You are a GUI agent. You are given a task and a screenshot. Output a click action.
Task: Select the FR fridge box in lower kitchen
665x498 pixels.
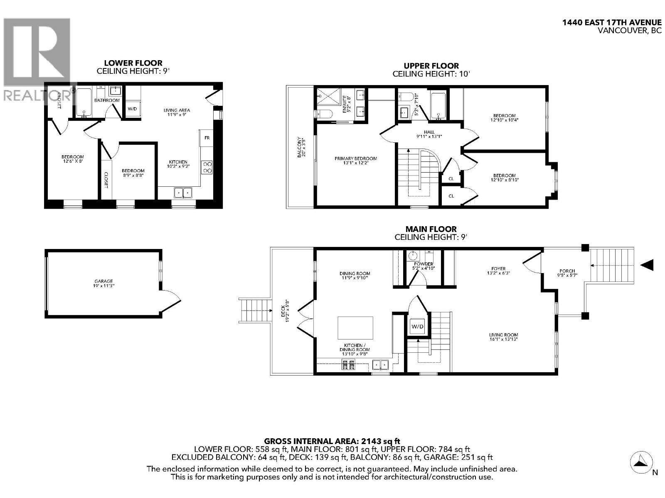pyautogui.click(x=207, y=137)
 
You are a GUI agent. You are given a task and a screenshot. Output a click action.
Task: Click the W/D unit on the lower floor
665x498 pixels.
pyautogui.click(x=132, y=109)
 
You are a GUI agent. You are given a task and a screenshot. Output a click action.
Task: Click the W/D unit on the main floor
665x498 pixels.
pyautogui.click(x=417, y=327)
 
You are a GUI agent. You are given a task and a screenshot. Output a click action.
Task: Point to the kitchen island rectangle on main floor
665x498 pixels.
pyautogui.click(x=355, y=328)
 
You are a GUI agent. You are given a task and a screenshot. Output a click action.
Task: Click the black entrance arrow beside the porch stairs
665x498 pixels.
pyautogui.click(x=647, y=265)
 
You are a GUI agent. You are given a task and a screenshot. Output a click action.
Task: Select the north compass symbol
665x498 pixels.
pyautogui.click(x=640, y=462)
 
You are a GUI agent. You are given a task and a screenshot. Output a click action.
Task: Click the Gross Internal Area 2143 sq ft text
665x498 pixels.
pyautogui.click(x=332, y=441)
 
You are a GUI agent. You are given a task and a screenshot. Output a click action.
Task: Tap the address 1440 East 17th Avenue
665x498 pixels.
pyautogui.click(x=611, y=23)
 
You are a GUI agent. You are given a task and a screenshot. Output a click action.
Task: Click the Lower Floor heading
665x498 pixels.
pyautogui.click(x=133, y=63)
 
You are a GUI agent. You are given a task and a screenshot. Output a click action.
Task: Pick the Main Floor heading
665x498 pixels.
pyautogui.click(x=431, y=229)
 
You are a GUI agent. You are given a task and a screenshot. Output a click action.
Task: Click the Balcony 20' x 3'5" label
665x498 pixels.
pyautogui.click(x=300, y=147)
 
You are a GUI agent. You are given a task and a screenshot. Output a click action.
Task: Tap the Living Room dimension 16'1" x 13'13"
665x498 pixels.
pyautogui.click(x=503, y=339)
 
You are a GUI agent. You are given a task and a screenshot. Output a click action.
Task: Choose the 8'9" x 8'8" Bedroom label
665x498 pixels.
pyautogui.click(x=133, y=173)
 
